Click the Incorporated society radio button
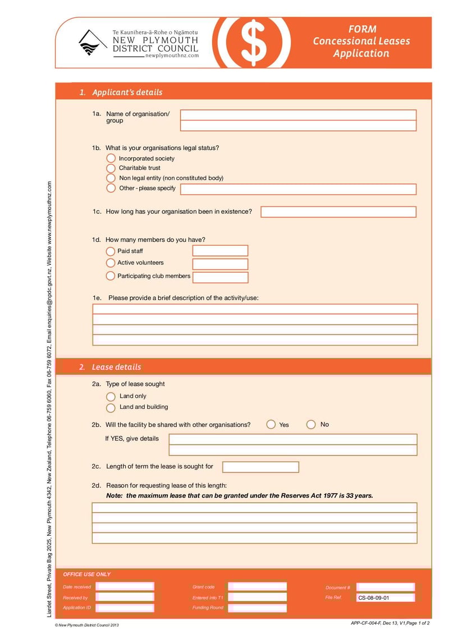111,158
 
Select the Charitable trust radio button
111,168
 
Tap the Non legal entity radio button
111,178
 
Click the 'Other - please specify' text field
298,189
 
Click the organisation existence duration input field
338,212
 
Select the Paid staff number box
220,251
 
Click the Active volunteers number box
220,264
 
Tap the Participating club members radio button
111,276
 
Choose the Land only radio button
111,397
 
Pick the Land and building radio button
111,408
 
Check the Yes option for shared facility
271,425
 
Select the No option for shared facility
311,425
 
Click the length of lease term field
260,467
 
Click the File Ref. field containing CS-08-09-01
385,598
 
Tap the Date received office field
125,587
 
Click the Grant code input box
257,587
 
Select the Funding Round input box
257,608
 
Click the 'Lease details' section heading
116,367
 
